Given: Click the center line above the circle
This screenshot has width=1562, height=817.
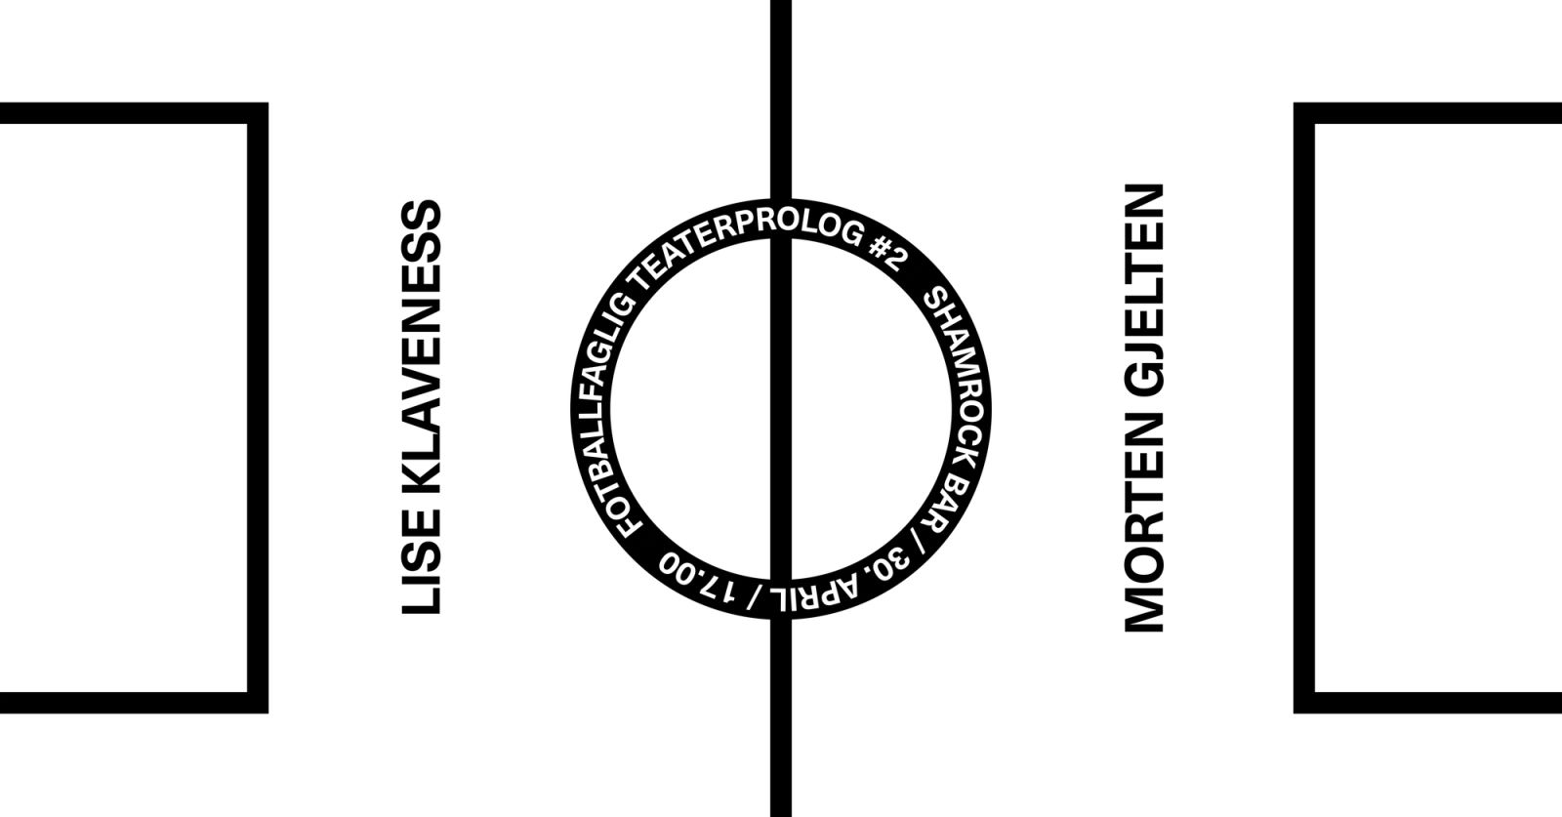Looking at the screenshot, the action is point(780,107).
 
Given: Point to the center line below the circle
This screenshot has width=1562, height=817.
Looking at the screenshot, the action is point(780,722).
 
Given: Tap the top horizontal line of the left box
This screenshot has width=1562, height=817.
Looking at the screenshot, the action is point(127,113).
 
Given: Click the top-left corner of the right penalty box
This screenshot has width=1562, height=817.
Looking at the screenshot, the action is point(1305,113).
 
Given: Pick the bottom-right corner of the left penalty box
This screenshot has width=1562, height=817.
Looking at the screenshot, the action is point(257,703).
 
